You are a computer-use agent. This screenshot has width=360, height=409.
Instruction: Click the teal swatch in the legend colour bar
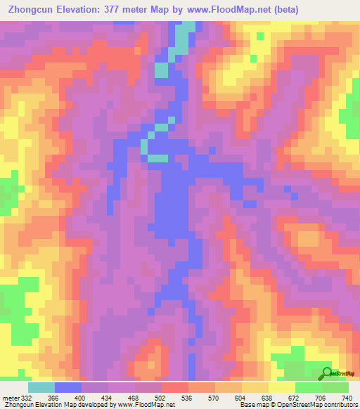coord(41,387)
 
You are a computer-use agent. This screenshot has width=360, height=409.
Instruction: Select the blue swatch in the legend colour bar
coord(68,387)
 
